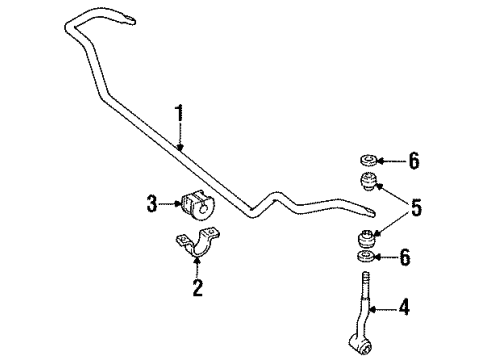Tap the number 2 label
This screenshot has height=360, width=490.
pyautogui.click(x=197, y=288)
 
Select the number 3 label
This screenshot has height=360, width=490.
pyautogui.click(x=152, y=205)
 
